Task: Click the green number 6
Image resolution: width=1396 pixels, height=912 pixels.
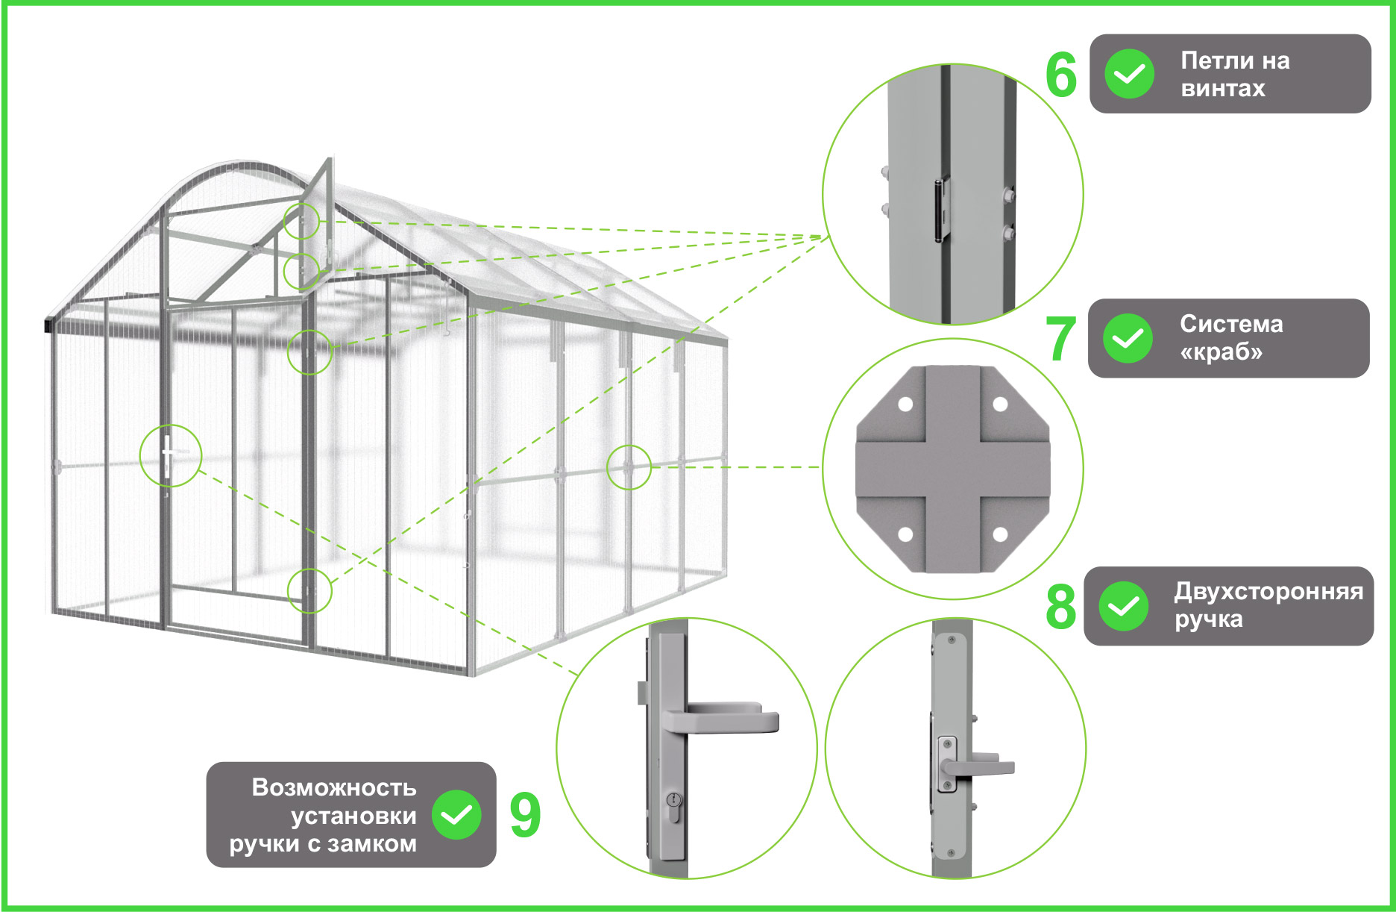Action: pos(1061,75)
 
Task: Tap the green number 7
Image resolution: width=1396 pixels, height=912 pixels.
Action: pos(1060,339)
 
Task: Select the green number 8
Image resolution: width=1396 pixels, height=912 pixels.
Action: pos(1060,606)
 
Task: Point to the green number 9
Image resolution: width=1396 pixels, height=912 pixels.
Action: pos(525,815)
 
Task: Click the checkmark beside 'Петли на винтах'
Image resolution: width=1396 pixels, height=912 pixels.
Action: pos(1129,74)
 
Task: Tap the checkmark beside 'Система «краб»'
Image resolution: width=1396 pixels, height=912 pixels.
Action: pos(1128,338)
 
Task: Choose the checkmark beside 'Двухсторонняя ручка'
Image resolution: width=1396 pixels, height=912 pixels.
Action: pos(1124,606)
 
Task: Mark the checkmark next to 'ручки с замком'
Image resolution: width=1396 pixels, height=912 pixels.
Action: pos(456,814)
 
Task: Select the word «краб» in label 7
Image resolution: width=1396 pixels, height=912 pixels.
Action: pos(1221,352)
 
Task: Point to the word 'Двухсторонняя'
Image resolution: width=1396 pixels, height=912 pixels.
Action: pos(1268,592)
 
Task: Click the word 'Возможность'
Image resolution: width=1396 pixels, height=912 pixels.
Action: pos(334,787)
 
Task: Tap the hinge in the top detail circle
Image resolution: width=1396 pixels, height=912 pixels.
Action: pos(943,210)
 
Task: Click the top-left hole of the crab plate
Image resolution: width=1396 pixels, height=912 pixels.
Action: pos(905,405)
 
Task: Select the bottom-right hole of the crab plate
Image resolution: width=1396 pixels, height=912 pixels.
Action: pos(1001,534)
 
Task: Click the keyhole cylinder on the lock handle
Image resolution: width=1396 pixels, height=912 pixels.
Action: pos(675,806)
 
